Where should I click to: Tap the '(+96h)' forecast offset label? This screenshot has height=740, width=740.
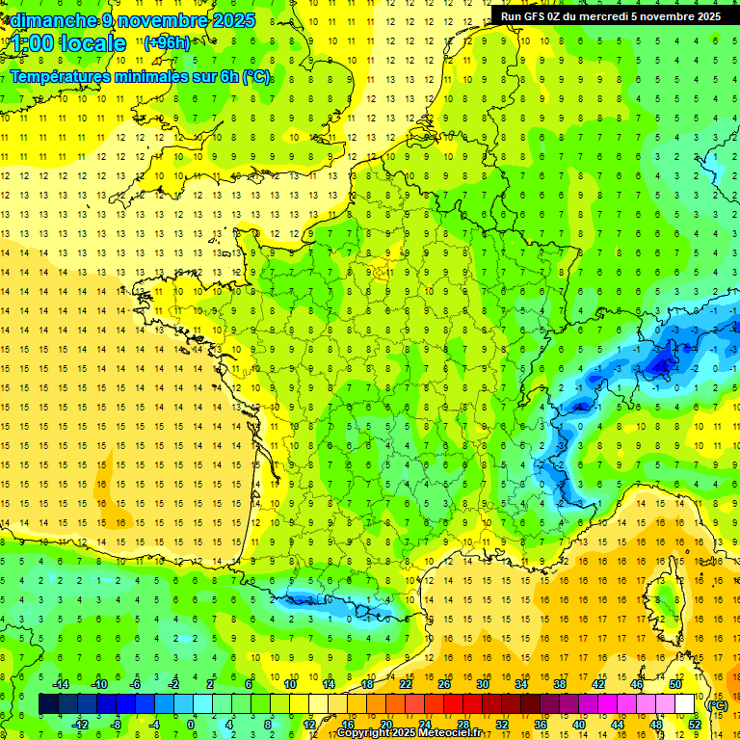pyautogui.click(x=167, y=42)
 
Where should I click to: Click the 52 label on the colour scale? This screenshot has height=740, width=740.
pyautogui.click(x=694, y=725)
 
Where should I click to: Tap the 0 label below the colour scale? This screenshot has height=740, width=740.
pyautogui.click(x=190, y=725)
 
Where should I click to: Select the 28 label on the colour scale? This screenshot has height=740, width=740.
pyautogui.click(x=463, y=725)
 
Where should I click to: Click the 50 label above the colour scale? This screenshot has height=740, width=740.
pyautogui.click(x=674, y=683)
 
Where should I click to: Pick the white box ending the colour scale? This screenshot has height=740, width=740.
pyautogui.click(x=685, y=704)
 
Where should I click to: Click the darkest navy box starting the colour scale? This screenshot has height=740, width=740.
pyautogui.click(x=48, y=704)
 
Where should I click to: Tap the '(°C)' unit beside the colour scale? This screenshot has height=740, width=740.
pyautogui.click(x=718, y=704)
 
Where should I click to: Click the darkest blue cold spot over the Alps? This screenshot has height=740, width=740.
pyautogui.click(x=661, y=363)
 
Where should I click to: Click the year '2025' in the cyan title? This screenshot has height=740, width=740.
pyautogui.click(x=234, y=20)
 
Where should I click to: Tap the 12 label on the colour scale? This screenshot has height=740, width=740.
pyautogui.click(x=308, y=725)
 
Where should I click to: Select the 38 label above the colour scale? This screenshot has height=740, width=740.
pyautogui.click(x=559, y=683)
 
